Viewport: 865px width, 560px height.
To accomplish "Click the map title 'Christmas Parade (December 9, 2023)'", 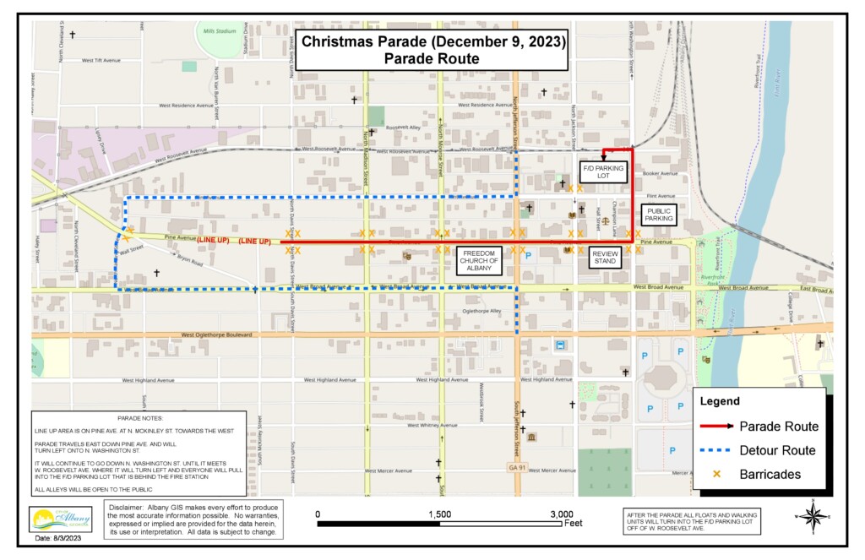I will [433, 41].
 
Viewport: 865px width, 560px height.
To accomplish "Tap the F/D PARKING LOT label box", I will [603, 172].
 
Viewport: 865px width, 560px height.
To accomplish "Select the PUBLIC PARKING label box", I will [659, 214].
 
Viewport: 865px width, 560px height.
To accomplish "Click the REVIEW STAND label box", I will [605, 258].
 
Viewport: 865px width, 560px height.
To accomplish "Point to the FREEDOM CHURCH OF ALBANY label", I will [479, 260].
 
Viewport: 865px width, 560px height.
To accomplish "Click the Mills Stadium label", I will [220, 30].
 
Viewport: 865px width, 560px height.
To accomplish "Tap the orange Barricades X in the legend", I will [717, 475].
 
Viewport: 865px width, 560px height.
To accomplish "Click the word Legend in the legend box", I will [719, 401].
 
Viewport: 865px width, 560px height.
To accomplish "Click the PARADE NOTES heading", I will [140, 418].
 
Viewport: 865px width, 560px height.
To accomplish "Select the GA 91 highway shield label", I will [517, 466].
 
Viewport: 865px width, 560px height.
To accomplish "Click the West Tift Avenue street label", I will [103, 61].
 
